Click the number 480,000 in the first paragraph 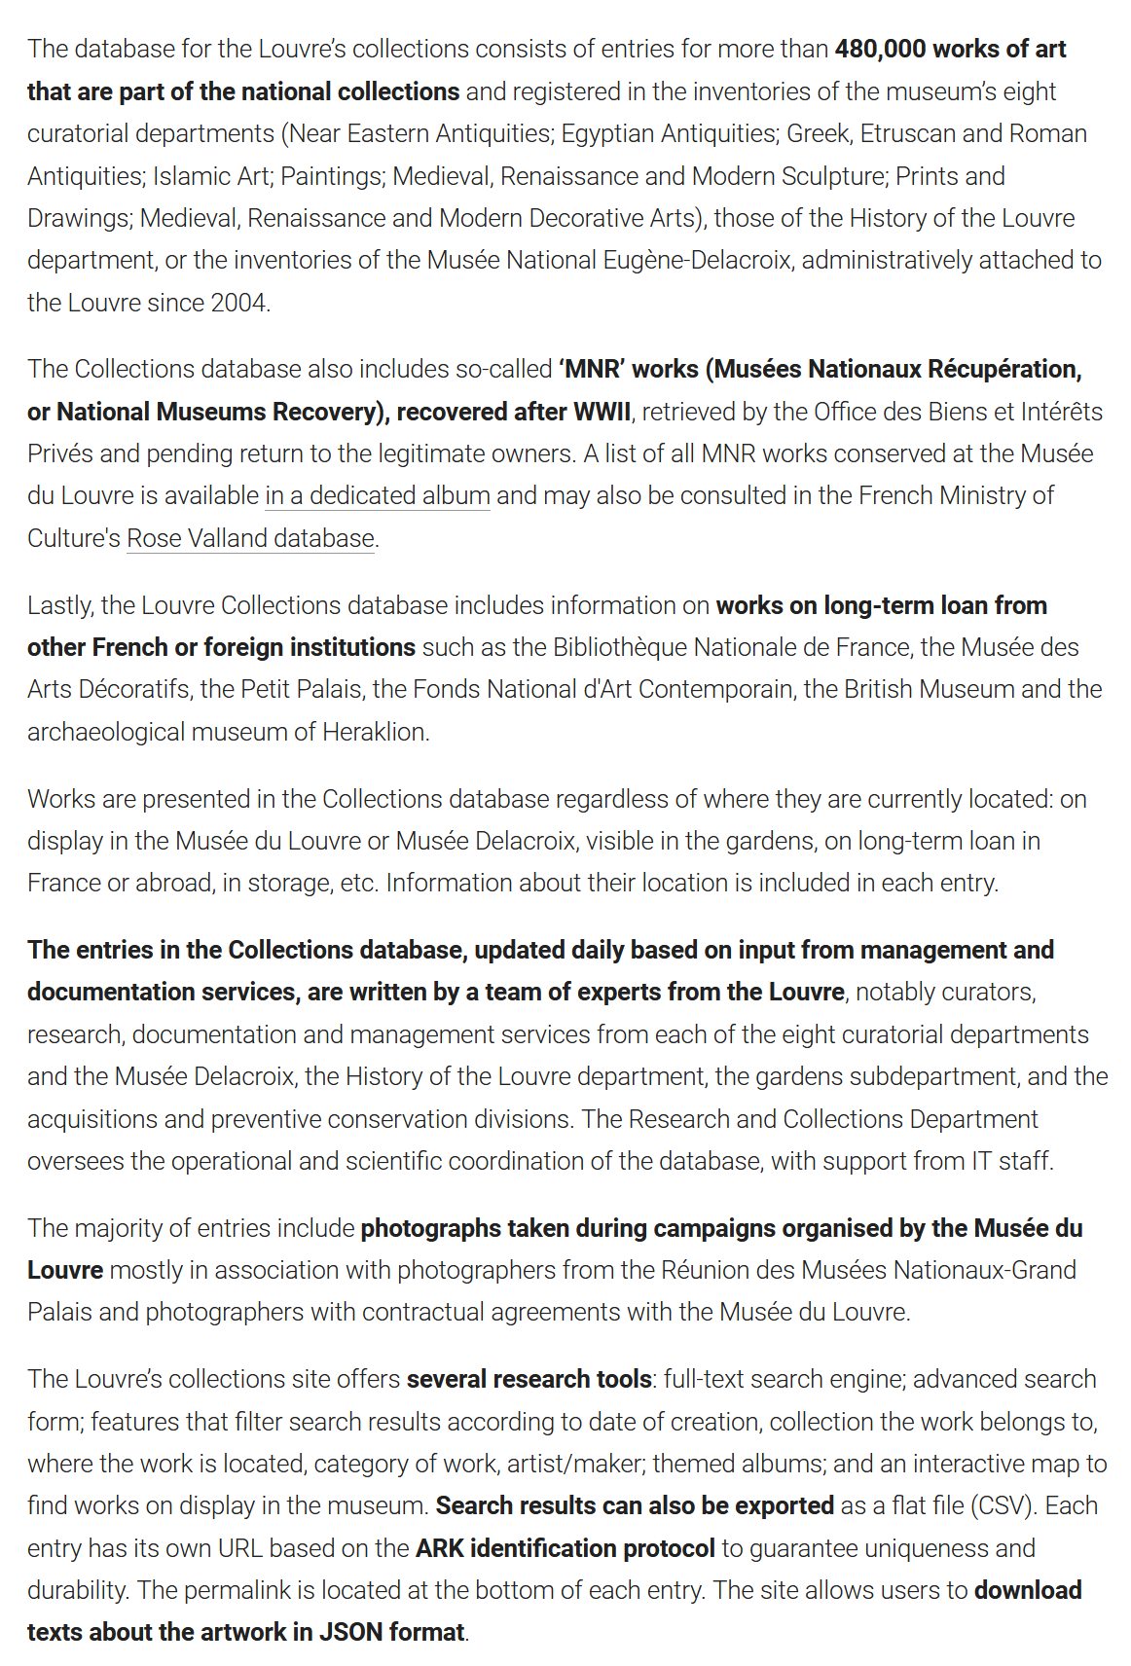[880, 49]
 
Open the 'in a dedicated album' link [377, 495]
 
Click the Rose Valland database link [250, 538]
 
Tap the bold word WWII [602, 412]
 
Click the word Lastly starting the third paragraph [59, 605]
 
